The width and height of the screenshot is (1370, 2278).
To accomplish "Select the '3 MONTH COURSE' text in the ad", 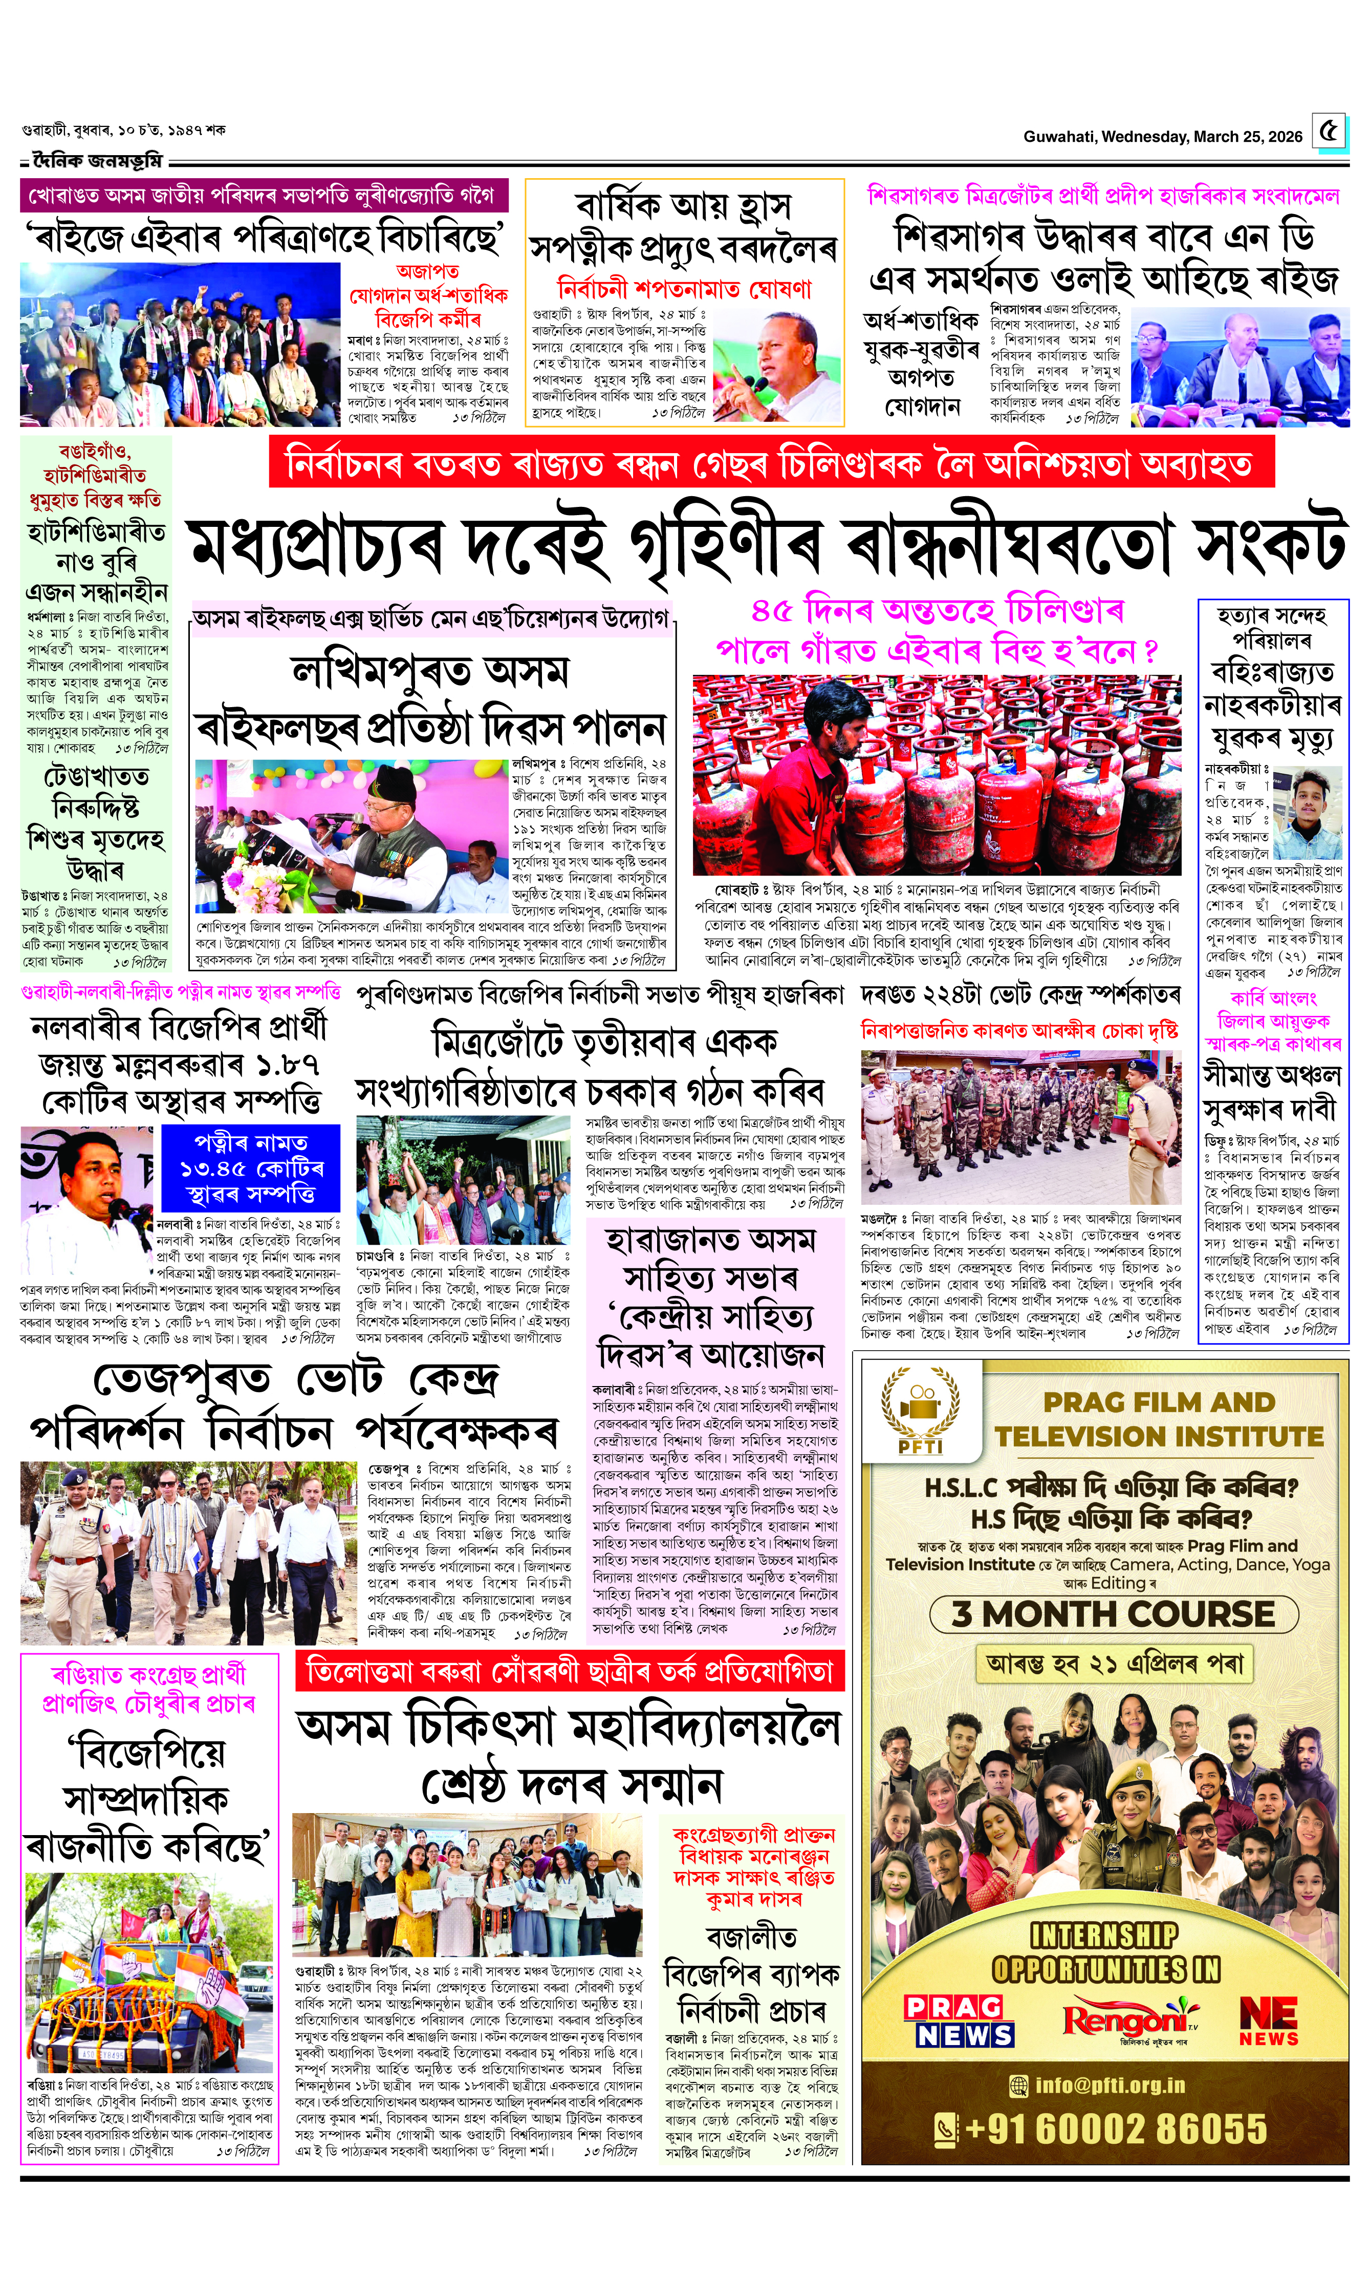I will point(1114,1613).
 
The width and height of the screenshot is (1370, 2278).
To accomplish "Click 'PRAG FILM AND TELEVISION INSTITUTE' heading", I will point(1159,1419).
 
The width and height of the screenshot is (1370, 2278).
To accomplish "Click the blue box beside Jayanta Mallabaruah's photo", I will point(250,1168).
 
